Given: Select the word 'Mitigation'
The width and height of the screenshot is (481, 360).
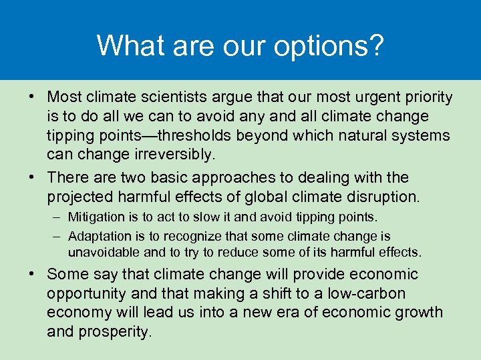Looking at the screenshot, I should pyautogui.click(x=97, y=217).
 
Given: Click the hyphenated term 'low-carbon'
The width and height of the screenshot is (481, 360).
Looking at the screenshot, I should pyautogui.click(x=370, y=294).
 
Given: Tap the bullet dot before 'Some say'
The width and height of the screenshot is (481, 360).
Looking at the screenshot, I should pyautogui.click(x=33, y=275).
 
